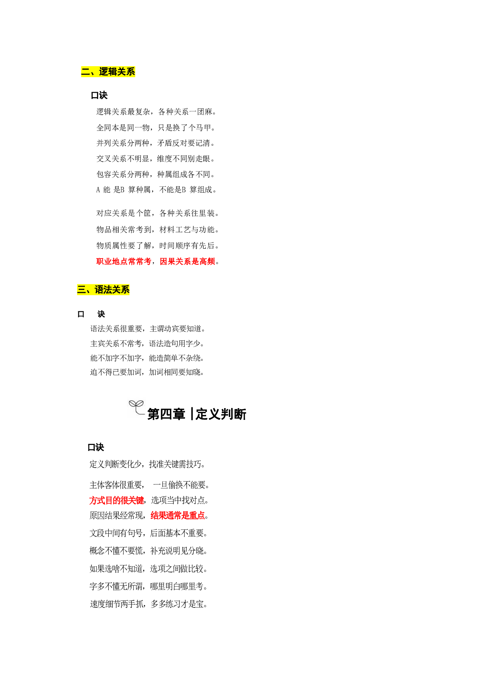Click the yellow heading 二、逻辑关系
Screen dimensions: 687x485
tap(108, 72)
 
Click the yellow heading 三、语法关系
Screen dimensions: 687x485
tap(103, 289)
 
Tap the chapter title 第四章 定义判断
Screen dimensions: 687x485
tap(197, 414)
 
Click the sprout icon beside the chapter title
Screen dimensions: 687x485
tap(137, 407)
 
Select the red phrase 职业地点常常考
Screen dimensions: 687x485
tap(124, 261)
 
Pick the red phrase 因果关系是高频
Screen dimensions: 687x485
tap(187, 261)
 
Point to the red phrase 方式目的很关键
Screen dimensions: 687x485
tap(117, 500)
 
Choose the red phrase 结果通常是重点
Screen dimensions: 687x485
tap(178, 515)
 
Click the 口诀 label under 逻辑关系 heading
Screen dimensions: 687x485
tap(99, 95)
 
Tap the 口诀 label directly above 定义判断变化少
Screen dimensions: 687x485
tap(96, 447)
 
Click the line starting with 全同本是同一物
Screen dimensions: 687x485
tap(156, 128)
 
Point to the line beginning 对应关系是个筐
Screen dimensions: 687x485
tap(158, 213)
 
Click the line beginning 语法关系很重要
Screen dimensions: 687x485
tap(147, 329)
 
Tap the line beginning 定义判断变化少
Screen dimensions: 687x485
tap(147, 464)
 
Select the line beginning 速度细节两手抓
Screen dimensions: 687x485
tap(148, 604)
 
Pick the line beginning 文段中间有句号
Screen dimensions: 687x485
tap(148, 533)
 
